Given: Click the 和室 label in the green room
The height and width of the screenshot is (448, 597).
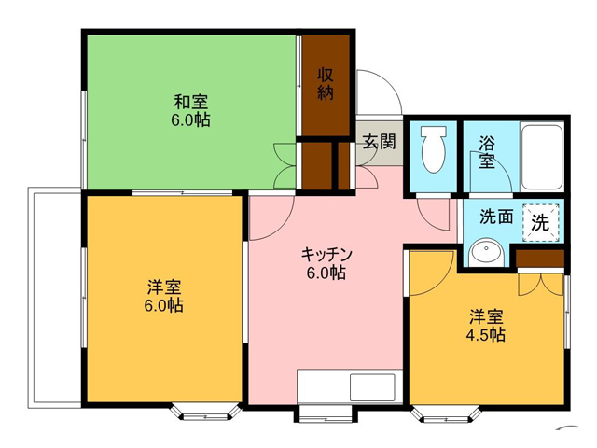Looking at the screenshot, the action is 191,102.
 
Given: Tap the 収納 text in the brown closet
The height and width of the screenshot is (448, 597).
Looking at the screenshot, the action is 326,84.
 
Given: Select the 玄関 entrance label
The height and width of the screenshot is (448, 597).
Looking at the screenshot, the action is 379,142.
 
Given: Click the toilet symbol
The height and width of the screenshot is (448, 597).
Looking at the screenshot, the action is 433,149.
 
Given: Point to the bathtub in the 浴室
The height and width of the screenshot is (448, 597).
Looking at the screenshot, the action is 541,157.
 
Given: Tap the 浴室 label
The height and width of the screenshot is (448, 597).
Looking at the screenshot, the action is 487,152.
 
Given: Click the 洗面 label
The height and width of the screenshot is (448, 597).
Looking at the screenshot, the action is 496,217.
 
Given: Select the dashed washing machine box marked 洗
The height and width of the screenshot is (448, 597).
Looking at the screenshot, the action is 541,223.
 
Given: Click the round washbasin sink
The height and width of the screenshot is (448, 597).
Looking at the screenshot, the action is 486,253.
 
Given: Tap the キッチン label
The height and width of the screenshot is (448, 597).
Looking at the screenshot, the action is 326,254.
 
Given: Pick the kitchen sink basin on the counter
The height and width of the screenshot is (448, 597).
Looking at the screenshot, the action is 372,386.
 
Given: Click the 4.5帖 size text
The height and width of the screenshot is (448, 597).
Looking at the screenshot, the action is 486,334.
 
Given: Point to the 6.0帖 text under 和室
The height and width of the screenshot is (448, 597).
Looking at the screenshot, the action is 190,120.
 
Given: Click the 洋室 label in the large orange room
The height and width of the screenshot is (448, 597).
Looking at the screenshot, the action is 164,287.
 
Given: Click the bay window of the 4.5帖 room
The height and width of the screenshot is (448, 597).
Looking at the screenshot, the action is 446,415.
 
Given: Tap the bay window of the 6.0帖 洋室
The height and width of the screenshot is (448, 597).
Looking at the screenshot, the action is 205,413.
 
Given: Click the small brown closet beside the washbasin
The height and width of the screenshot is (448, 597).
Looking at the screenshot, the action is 540,259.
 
